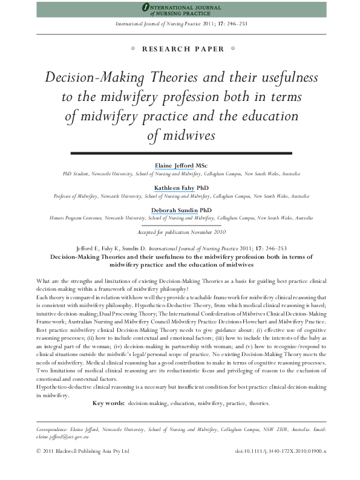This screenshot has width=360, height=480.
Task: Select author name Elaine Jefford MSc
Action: [x=180, y=165]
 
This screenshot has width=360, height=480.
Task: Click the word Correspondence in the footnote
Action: [x=48, y=428]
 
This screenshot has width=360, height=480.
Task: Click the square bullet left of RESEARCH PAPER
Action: [x=132, y=49]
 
